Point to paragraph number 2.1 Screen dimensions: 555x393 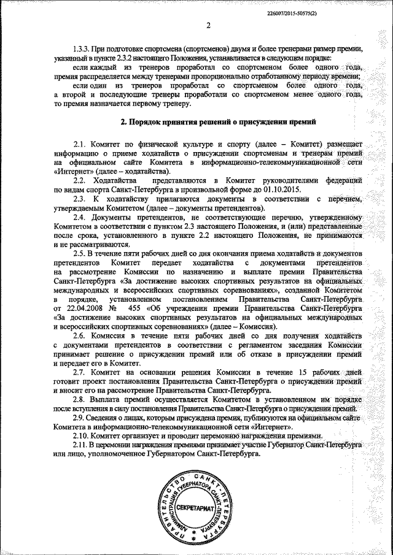coord(81,142)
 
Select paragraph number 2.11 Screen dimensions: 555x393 coord(83,444)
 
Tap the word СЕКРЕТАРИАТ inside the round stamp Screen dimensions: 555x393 coord(193,510)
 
